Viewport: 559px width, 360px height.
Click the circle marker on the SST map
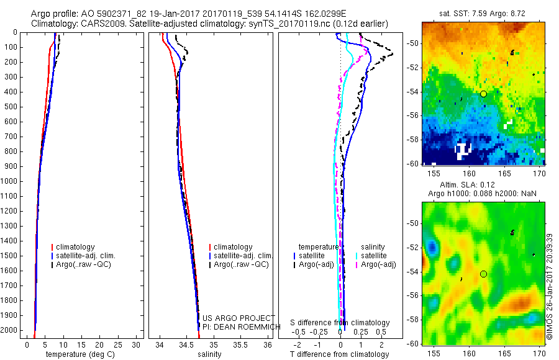[483, 94]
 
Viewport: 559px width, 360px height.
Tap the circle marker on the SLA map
[483, 274]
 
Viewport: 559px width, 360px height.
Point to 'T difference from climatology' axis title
[340, 354]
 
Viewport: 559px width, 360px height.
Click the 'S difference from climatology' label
[340, 323]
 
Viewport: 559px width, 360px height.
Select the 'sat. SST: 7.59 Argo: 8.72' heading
[480, 12]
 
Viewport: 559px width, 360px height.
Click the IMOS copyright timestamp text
[550, 287]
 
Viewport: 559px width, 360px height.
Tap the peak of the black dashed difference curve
[391, 55]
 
